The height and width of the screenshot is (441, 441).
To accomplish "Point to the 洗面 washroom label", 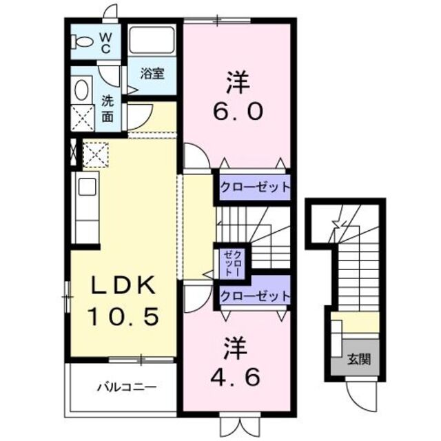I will click(108, 108).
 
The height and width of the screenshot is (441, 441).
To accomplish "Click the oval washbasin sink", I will click(81, 91).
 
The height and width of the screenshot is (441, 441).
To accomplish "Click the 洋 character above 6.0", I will click(234, 81).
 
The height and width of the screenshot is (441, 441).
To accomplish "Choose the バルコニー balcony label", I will click(125, 387).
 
